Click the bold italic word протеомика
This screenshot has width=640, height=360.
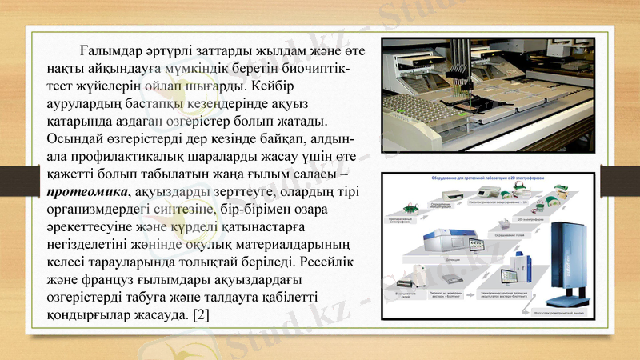pyautogui.click(x=90, y=192)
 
